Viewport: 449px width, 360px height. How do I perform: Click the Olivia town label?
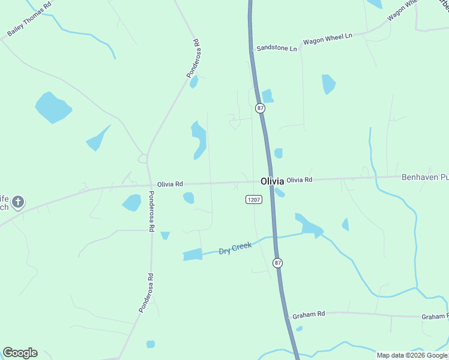point(272,181)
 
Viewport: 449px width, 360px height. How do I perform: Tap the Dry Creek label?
point(235,248)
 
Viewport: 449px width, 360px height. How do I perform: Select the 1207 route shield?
point(254,199)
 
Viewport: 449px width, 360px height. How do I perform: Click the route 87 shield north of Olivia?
point(259,108)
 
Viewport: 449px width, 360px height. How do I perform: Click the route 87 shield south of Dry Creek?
point(277,263)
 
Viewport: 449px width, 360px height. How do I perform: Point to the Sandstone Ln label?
point(277,48)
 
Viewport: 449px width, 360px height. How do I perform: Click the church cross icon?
point(18,202)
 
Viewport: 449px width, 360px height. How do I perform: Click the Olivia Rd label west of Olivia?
point(170,184)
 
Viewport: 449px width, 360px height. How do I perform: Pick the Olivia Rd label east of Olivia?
point(299,179)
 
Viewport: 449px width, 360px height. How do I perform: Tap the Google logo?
point(20,353)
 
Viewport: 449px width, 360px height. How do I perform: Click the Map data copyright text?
point(412,355)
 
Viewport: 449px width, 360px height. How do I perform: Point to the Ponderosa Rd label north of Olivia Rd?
point(192,58)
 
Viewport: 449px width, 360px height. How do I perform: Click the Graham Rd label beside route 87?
point(309,314)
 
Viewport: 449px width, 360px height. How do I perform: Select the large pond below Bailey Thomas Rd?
point(52,107)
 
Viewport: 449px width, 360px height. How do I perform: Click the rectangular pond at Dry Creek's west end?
point(192,254)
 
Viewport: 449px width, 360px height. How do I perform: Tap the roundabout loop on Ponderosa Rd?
point(143,159)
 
